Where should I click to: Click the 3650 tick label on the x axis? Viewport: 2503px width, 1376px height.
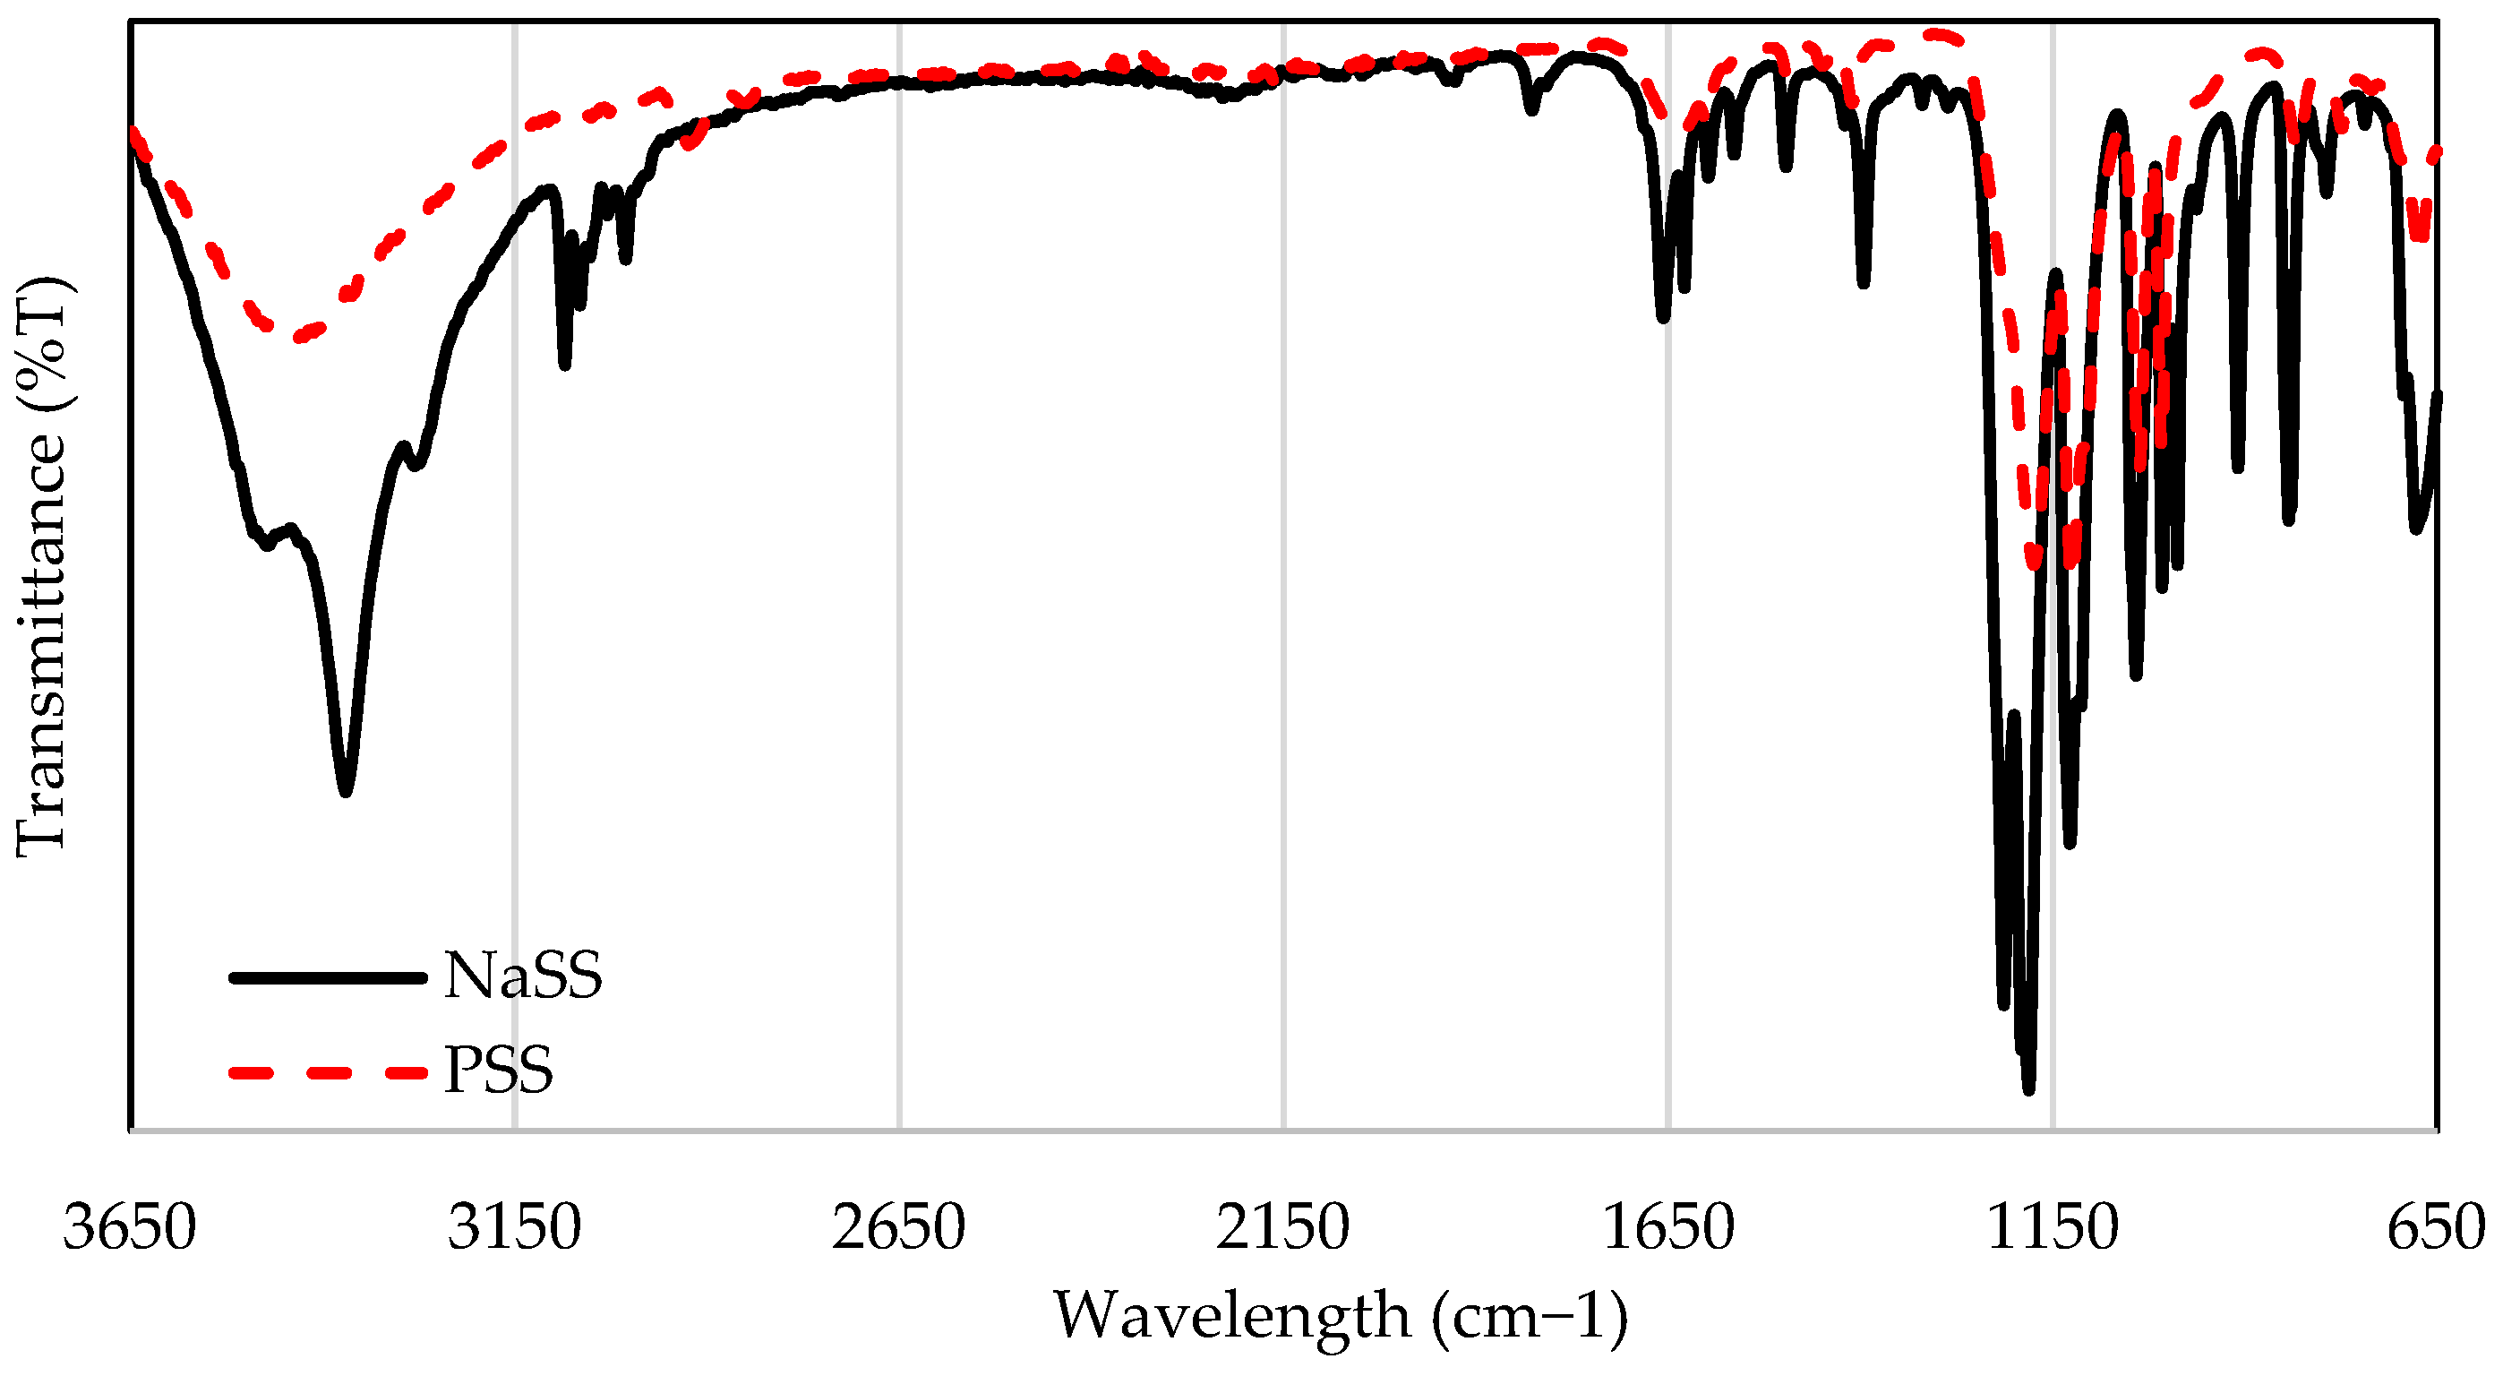coord(130,1227)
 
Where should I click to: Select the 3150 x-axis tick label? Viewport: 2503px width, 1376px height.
coord(514,1227)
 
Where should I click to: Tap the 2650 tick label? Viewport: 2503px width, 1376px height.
coord(899,1227)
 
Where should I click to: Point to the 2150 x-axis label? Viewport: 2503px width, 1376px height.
coord(1282,1227)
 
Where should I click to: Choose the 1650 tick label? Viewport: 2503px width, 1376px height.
coord(1667,1227)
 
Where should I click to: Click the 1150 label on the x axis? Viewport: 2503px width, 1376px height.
coord(2053,1227)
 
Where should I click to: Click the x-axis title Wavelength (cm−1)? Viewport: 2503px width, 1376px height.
coord(1341,1317)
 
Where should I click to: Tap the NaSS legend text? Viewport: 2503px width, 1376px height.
coord(523,976)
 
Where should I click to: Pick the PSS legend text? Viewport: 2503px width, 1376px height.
coord(499,1071)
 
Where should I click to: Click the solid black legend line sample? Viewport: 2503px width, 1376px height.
coord(328,977)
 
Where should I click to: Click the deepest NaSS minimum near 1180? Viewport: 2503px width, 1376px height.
coord(2029,1088)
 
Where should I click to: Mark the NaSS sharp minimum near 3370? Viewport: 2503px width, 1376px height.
coord(345,792)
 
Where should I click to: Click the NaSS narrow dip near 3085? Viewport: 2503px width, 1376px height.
coord(564,365)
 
